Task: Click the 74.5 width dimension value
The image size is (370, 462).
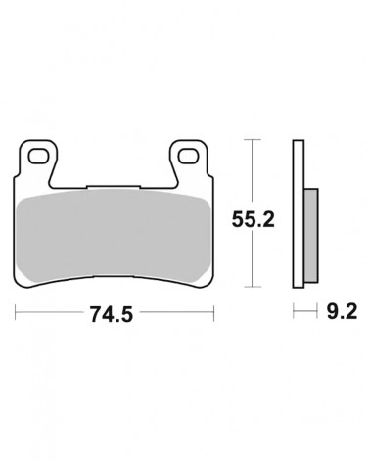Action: (112, 314)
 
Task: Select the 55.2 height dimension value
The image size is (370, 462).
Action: (254, 219)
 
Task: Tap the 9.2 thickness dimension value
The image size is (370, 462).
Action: (342, 311)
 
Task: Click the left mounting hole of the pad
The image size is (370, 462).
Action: (38, 157)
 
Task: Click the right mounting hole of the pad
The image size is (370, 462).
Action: (189, 157)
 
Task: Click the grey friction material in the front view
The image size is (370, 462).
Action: (114, 236)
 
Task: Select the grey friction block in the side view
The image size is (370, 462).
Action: (311, 235)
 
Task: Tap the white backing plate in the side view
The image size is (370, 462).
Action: (299, 214)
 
